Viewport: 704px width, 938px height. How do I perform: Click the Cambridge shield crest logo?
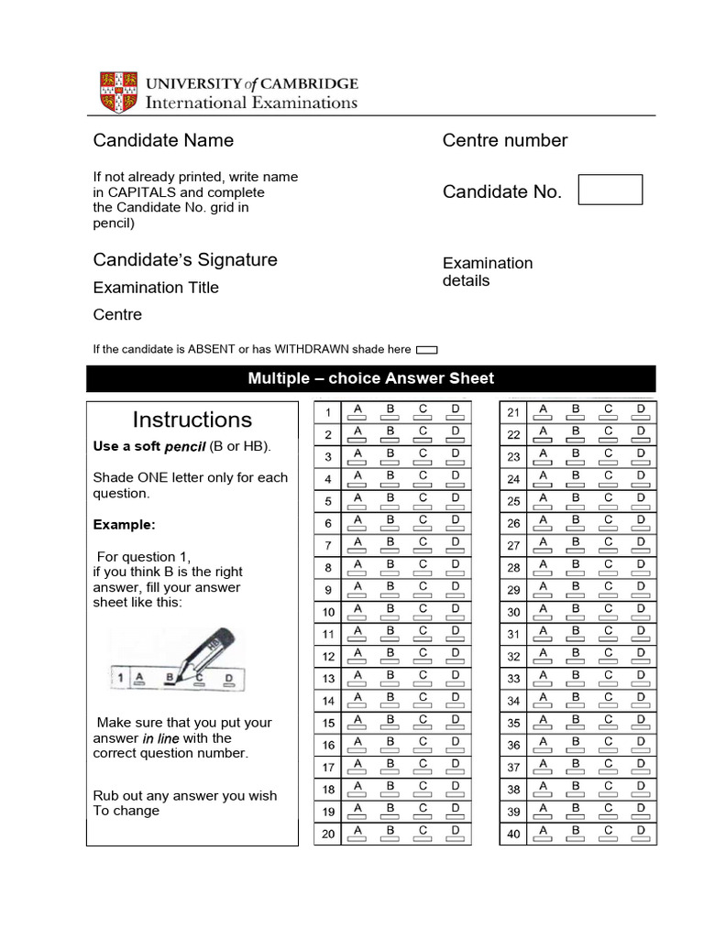118,92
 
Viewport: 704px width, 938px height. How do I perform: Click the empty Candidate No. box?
610,190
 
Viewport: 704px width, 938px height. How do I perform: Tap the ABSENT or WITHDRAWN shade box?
426,350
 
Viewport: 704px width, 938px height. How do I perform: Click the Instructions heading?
192,420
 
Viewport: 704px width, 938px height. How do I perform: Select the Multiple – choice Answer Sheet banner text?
370,378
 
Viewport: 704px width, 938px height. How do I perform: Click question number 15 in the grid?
328,724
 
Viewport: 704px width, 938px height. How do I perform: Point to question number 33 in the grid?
513,679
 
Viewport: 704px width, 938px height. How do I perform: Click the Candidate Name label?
163,140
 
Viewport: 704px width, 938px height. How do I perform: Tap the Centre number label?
504,140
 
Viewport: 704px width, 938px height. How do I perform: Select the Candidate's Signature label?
185,259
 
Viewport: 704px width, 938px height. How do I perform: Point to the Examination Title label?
156,288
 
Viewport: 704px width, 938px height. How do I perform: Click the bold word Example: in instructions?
125,525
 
